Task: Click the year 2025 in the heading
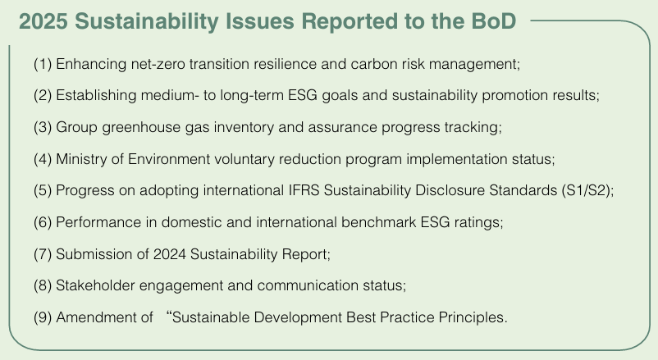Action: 43,21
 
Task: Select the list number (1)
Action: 43,64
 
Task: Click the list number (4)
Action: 43,159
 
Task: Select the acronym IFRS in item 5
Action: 304,190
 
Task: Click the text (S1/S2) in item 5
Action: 587,190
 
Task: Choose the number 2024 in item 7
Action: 169,254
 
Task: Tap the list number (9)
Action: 43,317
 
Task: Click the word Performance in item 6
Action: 98,222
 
